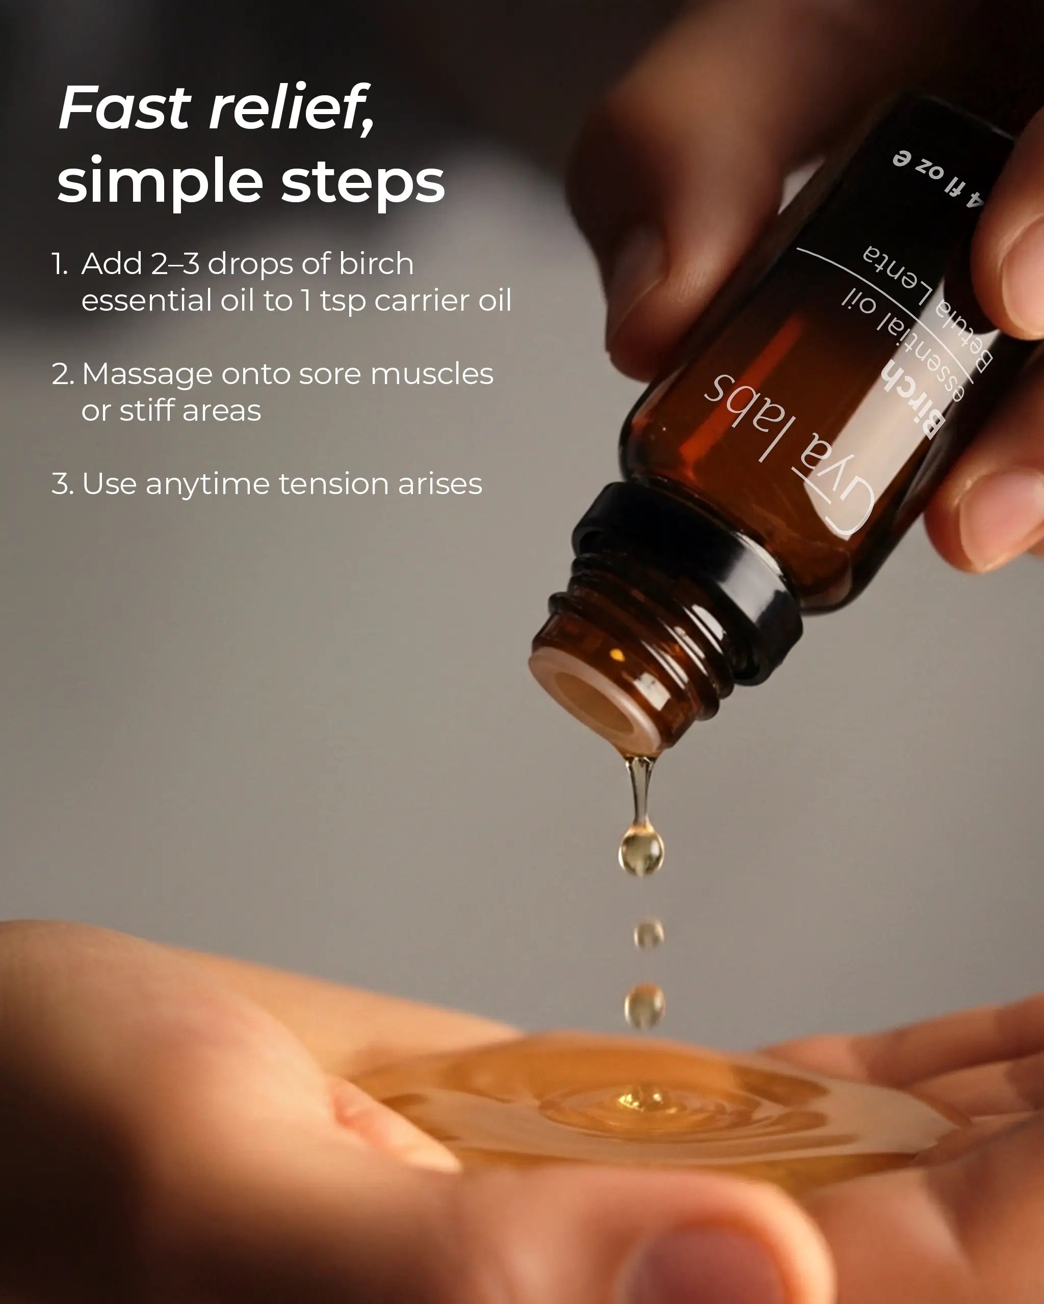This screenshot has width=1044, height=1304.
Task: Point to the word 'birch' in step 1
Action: click(376, 264)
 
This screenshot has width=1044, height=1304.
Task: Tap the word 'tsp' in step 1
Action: click(343, 301)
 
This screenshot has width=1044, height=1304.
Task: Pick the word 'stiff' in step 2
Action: click(147, 411)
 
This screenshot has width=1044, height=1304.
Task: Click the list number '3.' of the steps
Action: click(62, 484)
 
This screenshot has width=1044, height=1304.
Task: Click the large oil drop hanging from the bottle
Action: click(641, 849)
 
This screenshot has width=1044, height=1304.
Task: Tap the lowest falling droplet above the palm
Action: click(644, 1005)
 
